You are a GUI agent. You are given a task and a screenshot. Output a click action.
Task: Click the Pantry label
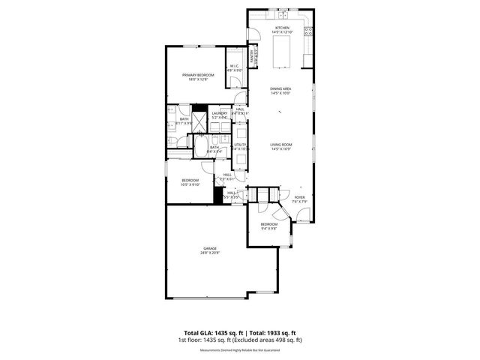[x=253, y=56]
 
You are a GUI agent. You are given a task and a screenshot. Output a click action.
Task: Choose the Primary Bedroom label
[x=198, y=76]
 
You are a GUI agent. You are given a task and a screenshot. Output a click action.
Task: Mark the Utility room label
[x=240, y=147]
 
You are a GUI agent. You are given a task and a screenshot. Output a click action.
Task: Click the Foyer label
[x=298, y=199]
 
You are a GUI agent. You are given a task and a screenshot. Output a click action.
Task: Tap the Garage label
[x=209, y=250]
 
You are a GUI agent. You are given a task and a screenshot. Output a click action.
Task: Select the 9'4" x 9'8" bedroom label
[x=269, y=226]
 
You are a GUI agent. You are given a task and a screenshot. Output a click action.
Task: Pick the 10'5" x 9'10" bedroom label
[x=190, y=182]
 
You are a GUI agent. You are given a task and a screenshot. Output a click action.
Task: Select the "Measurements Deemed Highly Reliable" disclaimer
[x=240, y=350]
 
